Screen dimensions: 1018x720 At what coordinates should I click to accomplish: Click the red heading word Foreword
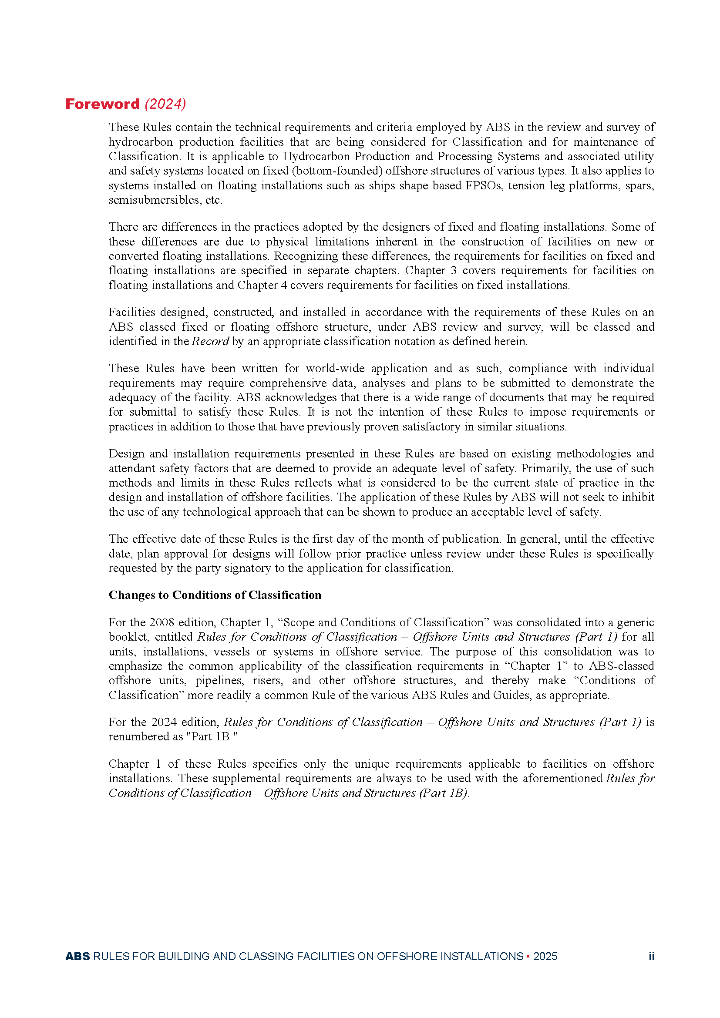[102, 104]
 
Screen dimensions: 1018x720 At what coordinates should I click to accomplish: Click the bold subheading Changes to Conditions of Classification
[215, 595]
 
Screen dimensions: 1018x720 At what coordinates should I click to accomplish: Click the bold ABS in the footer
[77, 956]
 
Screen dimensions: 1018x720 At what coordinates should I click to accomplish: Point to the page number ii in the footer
[651, 956]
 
